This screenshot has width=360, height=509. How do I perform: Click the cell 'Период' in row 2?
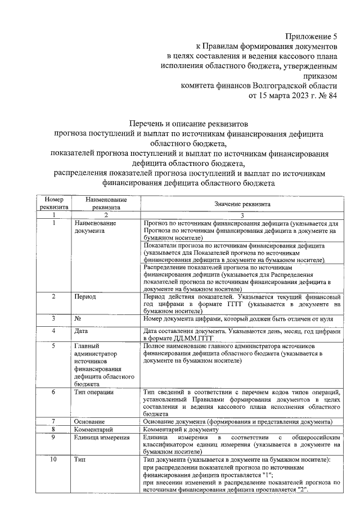tap(85, 296)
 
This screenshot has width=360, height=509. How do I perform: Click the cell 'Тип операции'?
tap(94, 391)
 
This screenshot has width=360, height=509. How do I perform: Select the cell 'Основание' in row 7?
tap(89, 421)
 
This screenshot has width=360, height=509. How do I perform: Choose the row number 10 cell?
tap(53, 460)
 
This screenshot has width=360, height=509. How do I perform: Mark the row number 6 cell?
tap(53, 391)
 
